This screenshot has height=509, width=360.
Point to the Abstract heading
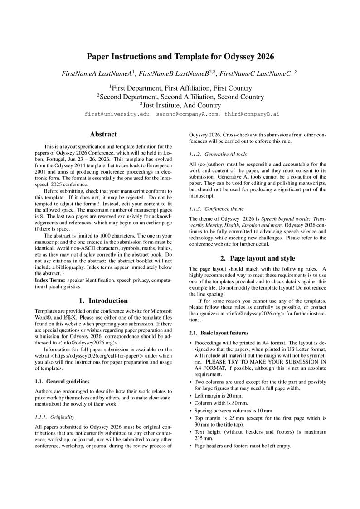coord(103,134)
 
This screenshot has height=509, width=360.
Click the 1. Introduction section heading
coord(103,301)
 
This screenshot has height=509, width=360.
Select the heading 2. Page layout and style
coord(258,258)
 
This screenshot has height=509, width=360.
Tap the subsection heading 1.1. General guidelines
coord(62,381)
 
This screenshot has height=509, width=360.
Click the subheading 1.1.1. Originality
coord(54,417)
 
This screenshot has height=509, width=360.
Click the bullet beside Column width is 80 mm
coord(191,403)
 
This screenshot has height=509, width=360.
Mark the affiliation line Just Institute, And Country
coord(180,105)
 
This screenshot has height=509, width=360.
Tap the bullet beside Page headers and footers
coord(191,446)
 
